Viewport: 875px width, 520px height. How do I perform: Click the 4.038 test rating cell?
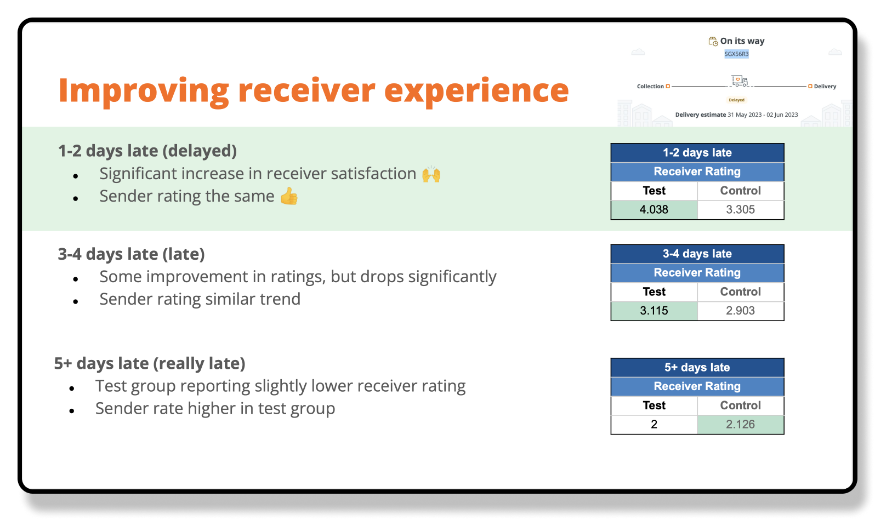point(654,210)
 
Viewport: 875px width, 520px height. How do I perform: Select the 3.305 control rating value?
point(740,210)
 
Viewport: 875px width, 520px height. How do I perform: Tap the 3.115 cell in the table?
point(654,311)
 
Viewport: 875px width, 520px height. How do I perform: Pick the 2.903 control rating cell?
point(740,311)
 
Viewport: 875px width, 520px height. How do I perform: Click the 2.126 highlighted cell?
point(740,424)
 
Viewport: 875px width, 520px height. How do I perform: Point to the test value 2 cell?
point(654,424)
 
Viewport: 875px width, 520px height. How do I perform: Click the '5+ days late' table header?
point(697,367)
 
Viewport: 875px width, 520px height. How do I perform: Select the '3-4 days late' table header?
point(697,254)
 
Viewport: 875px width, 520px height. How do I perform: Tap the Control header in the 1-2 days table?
point(740,191)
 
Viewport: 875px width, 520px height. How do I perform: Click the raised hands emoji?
point(431,174)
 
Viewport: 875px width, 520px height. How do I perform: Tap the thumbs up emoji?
point(289,196)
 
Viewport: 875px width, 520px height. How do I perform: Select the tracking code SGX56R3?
point(736,54)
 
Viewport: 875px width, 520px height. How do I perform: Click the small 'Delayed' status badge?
point(736,100)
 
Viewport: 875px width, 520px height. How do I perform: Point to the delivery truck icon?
point(740,81)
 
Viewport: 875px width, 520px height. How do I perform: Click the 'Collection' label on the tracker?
point(650,86)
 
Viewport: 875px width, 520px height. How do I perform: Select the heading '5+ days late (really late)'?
point(150,363)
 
